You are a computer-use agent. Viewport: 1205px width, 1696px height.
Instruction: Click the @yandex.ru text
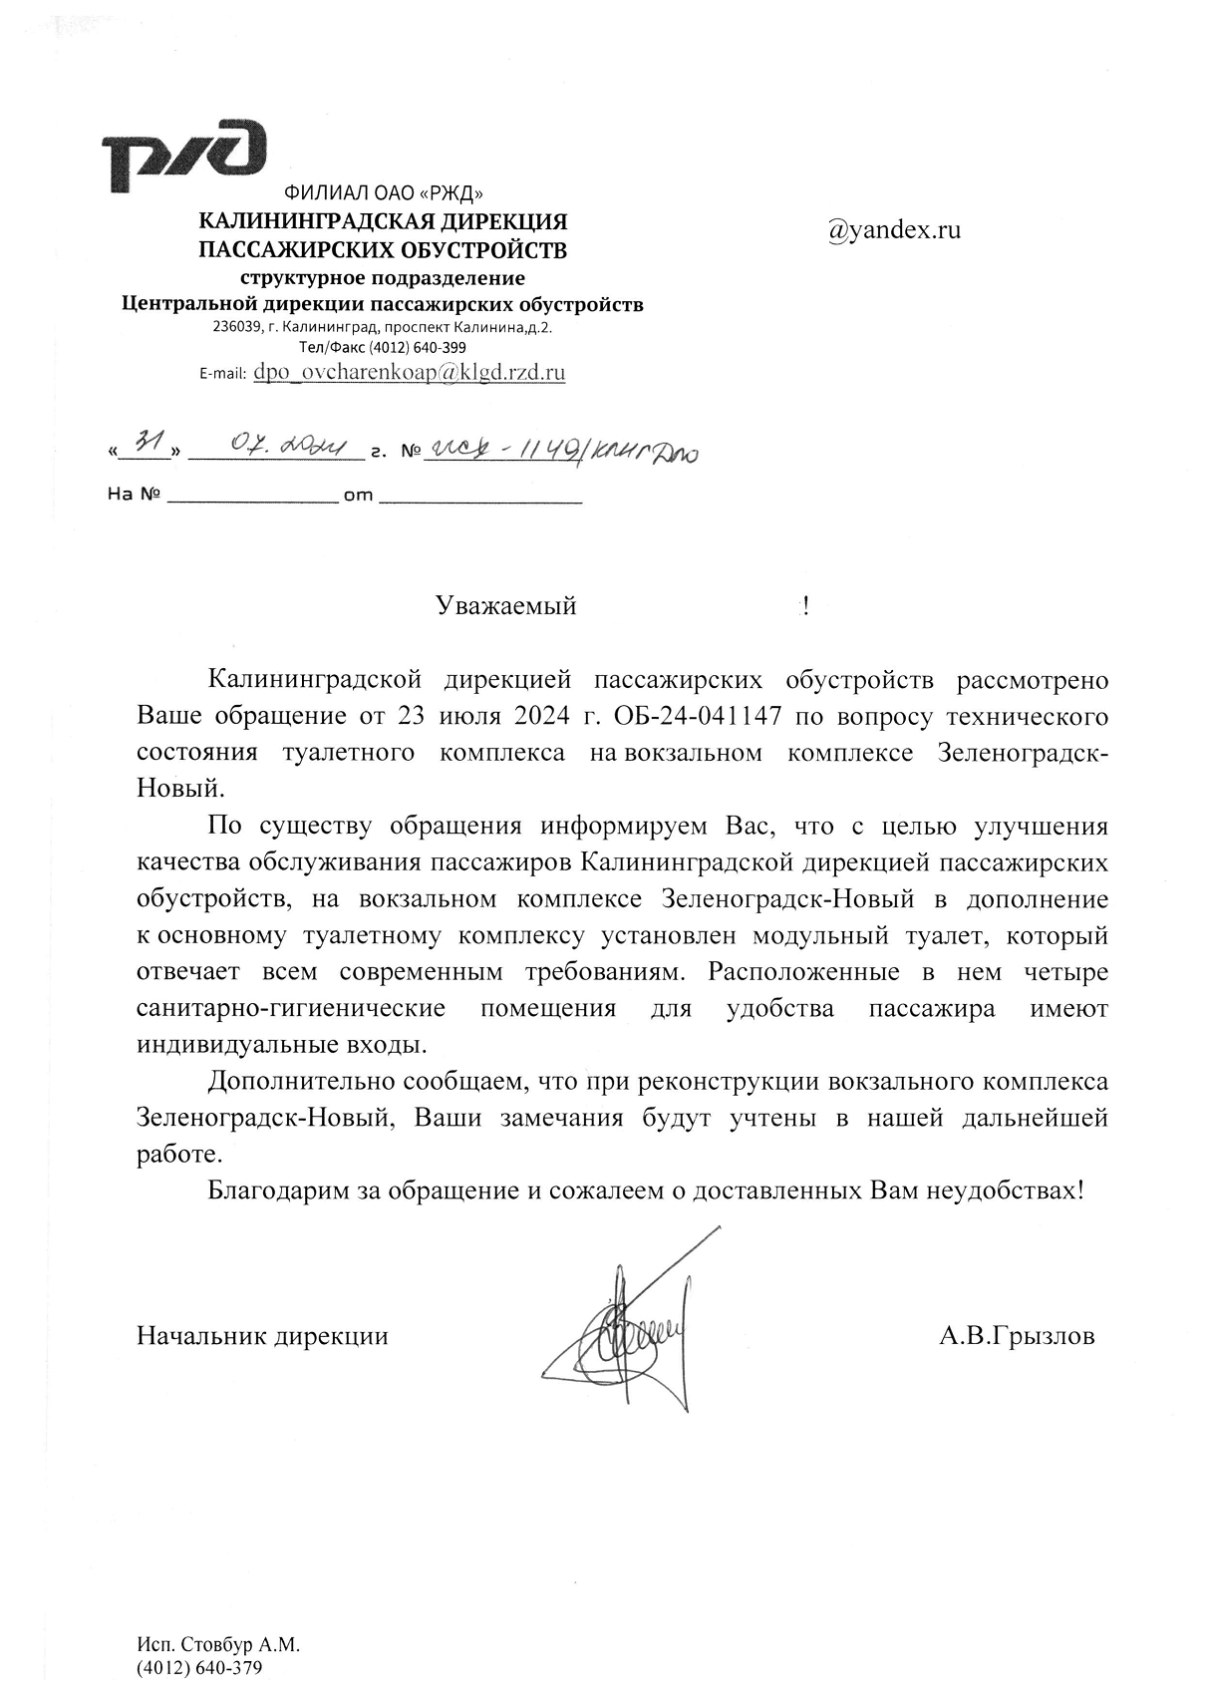(x=894, y=230)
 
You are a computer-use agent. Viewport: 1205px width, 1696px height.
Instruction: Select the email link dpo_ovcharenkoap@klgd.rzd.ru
(x=410, y=373)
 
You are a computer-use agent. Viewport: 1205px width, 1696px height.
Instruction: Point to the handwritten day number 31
(x=148, y=445)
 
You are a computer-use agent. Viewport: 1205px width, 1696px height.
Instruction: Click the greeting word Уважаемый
(x=506, y=606)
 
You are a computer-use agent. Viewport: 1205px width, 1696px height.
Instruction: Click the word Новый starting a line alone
(x=179, y=790)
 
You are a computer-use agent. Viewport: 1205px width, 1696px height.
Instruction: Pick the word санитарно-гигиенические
(x=290, y=1008)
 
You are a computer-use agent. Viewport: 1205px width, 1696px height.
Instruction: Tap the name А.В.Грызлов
(x=1016, y=1335)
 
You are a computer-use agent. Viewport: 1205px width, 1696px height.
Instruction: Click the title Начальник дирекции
(x=262, y=1335)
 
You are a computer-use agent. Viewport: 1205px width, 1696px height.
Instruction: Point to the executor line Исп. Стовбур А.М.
(x=218, y=1645)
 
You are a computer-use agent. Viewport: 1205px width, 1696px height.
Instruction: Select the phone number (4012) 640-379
(x=199, y=1667)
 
